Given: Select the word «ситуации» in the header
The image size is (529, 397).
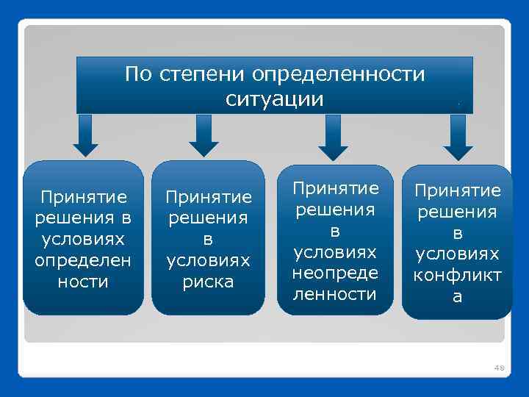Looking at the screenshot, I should click(274, 99).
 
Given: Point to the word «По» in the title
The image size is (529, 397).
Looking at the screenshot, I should click(138, 75).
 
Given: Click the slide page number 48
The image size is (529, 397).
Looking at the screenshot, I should click(500, 367).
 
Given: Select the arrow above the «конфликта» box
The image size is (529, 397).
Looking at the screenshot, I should click(459, 137).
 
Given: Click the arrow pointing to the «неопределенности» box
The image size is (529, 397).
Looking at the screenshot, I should click(333, 137).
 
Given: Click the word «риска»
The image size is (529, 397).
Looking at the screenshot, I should click(209, 282).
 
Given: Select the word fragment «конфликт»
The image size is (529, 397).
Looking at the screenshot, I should click(457, 276).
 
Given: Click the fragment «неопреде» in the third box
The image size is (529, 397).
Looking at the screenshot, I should click(335, 273).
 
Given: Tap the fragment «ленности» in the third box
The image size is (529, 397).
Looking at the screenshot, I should click(335, 294).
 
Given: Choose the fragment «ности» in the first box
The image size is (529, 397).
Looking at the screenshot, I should click(83, 282).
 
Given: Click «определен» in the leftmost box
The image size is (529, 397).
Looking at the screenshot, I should click(83, 261).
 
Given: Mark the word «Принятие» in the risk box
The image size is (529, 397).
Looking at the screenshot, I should click(209, 197).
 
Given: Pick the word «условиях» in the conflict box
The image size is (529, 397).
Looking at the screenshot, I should click(457, 254).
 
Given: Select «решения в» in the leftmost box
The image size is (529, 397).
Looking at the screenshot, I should click(83, 218).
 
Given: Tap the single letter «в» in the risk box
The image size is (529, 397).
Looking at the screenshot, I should click(209, 240).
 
